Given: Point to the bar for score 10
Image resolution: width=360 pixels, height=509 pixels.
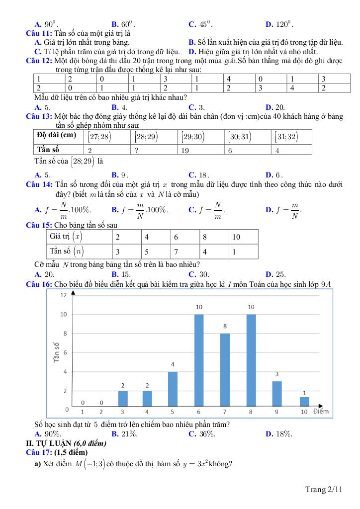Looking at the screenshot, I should point(304,401).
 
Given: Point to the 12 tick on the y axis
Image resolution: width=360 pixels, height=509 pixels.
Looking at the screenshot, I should point(63,295).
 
